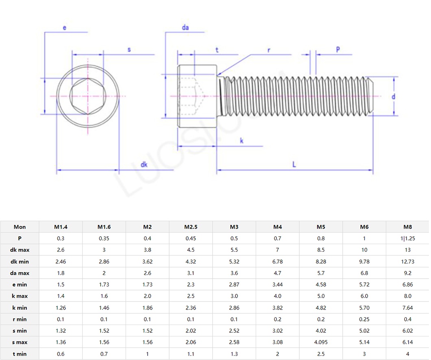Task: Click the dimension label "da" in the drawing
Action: (185, 28)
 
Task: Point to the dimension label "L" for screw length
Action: (294, 164)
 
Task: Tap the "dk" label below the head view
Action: (144, 164)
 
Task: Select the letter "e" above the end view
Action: (65, 28)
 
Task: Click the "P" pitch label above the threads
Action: (338, 50)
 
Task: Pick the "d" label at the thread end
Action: (393, 96)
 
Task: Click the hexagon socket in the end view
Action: (88, 96)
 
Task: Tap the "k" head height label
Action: (242, 141)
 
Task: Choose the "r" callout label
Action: (269, 50)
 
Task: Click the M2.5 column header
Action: (191, 227)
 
